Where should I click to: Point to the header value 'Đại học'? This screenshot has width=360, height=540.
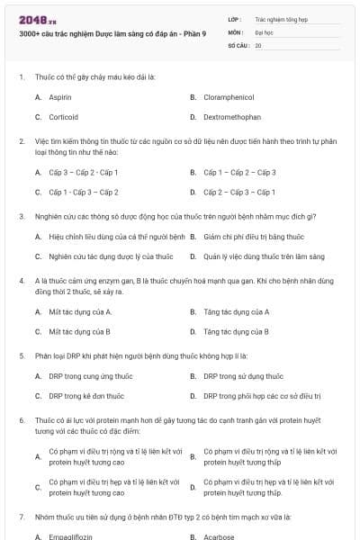click(x=263, y=31)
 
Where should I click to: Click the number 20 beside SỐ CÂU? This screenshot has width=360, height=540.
click(x=258, y=45)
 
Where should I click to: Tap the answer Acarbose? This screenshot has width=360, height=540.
click(x=220, y=536)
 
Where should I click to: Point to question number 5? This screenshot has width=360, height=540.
click(x=21, y=355)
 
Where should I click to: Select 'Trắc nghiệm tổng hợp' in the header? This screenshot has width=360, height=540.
click(x=278, y=18)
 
